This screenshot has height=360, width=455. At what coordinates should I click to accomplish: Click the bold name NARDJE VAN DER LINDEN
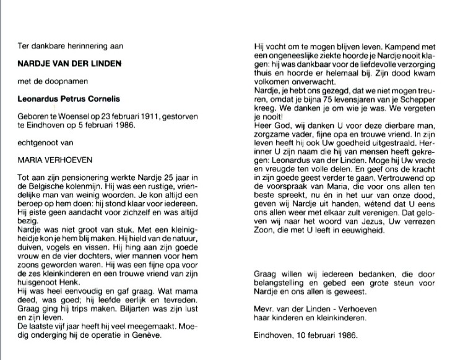coord(69,62)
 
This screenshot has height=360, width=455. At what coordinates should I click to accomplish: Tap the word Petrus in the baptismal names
coord(85,99)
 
